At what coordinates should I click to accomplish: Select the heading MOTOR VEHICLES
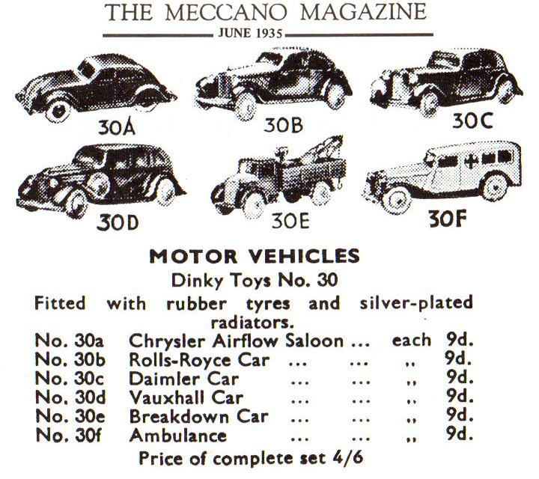269,257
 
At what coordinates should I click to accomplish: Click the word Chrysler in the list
162,341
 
